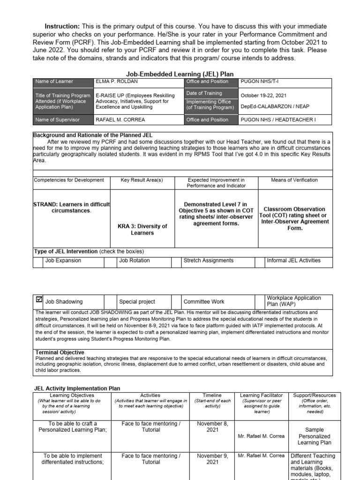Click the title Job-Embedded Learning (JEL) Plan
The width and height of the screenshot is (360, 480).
click(180, 74)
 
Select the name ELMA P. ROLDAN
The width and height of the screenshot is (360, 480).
click(117, 82)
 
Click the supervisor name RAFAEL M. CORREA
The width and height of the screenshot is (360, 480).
click(120, 120)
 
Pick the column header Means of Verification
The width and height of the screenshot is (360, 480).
click(294, 180)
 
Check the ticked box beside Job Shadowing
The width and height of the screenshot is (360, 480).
click(38, 299)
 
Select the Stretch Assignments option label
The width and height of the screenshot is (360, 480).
click(208, 261)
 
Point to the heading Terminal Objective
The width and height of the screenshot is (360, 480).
click(60, 352)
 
